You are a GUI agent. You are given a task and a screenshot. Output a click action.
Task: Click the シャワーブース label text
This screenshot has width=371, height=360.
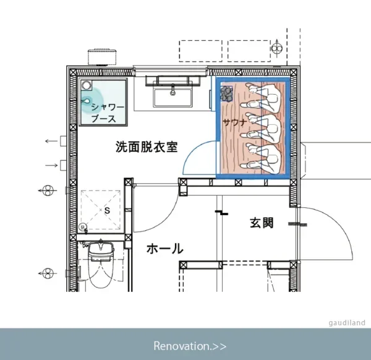(x=108, y=113)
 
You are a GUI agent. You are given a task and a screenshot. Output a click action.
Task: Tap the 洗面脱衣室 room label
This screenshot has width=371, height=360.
(x=147, y=147)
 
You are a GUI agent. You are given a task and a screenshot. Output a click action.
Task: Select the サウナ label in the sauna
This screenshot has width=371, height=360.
(x=235, y=122)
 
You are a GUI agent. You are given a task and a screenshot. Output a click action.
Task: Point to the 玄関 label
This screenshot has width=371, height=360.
(x=262, y=223)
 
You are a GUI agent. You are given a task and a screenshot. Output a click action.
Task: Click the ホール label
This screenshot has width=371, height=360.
(x=165, y=249)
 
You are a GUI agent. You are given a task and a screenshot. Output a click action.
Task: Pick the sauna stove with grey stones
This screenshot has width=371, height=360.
(x=227, y=94)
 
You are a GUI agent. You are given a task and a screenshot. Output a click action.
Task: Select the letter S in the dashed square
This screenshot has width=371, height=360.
(x=108, y=210)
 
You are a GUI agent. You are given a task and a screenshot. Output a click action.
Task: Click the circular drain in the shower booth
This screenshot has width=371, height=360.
(x=87, y=85)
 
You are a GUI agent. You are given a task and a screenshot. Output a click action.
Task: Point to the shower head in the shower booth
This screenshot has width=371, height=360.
(x=86, y=101)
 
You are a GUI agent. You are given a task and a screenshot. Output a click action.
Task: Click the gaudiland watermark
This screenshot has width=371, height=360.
(x=347, y=323)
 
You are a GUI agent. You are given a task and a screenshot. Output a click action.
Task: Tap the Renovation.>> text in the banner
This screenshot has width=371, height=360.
(x=190, y=346)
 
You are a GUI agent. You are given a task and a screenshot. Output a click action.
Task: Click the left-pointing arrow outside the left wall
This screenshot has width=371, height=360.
(x=51, y=141)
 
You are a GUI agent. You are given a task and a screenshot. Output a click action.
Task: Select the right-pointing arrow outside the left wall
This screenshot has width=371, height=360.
(x=51, y=165)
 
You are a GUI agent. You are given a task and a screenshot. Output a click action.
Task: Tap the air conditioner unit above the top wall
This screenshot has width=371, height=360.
(x=102, y=57)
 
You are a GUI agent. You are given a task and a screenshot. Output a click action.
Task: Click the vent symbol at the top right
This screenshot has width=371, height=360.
(x=277, y=48)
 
